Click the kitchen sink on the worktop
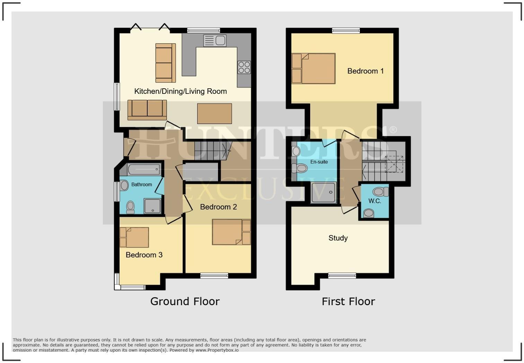[x=215, y=41]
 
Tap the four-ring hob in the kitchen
[x=244, y=67]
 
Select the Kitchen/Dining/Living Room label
[x=180, y=91]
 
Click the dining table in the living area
[x=215, y=114]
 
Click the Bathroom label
[x=141, y=185]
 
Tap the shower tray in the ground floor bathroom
[x=152, y=206]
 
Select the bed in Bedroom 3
[x=134, y=237]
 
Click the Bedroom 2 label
[x=218, y=207]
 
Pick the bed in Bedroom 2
[x=231, y=232]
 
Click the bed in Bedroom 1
[x=313, y=68]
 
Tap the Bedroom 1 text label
[x=365, y=71]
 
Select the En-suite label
[x=319, y=162]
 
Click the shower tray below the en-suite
[x=323, y=192]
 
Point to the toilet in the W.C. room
[x=380, y=192]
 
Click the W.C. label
[x=375, y=201]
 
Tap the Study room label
[x=338, y=238]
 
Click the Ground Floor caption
[x=185, y=301]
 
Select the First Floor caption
[x=348, y=301]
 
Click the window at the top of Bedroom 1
[x=346, y=31]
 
